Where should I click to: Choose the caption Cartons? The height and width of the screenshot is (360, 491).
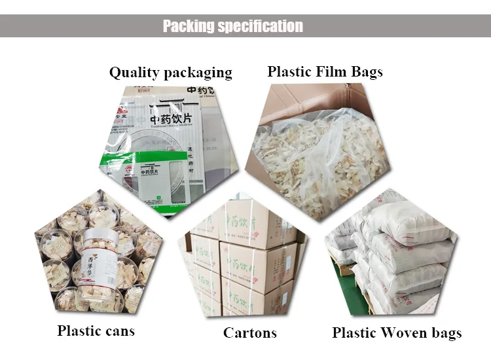click(x=251, y=333)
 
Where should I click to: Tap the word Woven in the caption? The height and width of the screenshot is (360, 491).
click(x=402, y=333)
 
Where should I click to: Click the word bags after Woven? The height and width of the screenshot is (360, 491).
click(x=445, y=333)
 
